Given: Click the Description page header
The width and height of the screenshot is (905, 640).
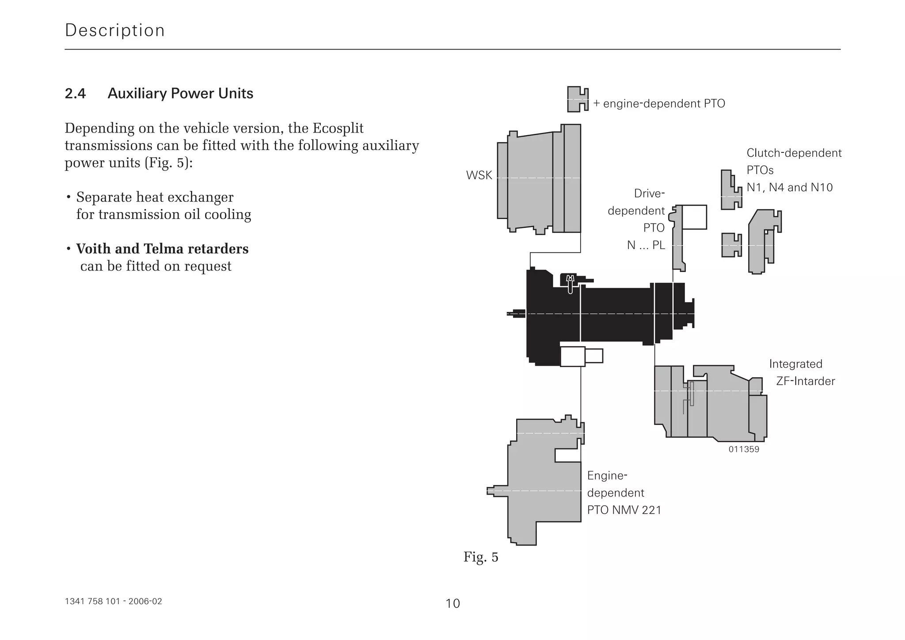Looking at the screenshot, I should (x=114, y=30).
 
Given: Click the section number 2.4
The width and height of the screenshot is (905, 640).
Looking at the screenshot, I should (x=75, y=94).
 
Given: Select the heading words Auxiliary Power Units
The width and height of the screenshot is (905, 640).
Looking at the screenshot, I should (x=180, y=94).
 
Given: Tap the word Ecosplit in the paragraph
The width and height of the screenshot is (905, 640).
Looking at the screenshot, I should (x=338, y=129).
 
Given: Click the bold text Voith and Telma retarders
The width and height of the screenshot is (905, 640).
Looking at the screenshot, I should (x=162, y=249).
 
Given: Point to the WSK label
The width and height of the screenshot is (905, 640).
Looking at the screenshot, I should (x=479, y=175).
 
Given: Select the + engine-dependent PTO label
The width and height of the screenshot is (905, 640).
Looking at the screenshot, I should (x=659, y=104).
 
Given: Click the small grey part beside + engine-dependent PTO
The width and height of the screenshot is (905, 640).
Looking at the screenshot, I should (x=577, y=99).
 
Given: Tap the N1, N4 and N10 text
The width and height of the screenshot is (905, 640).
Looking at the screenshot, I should (x=789, y=188).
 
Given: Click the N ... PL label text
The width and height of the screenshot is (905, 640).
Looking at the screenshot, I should (x=646, y=245).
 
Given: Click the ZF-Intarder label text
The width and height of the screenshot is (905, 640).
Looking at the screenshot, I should (x=805, y=381).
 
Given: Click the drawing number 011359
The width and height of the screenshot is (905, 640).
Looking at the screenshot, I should (x=744, y=450).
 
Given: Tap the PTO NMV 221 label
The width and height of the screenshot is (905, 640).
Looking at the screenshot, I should (x=624, y=510).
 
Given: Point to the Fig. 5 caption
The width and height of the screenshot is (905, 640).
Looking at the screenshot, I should (x=481, y=557).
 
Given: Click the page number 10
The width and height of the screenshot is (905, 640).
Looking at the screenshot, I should (x=452, y=603).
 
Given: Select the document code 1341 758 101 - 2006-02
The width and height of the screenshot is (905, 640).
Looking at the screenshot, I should (x=113, y=602).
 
